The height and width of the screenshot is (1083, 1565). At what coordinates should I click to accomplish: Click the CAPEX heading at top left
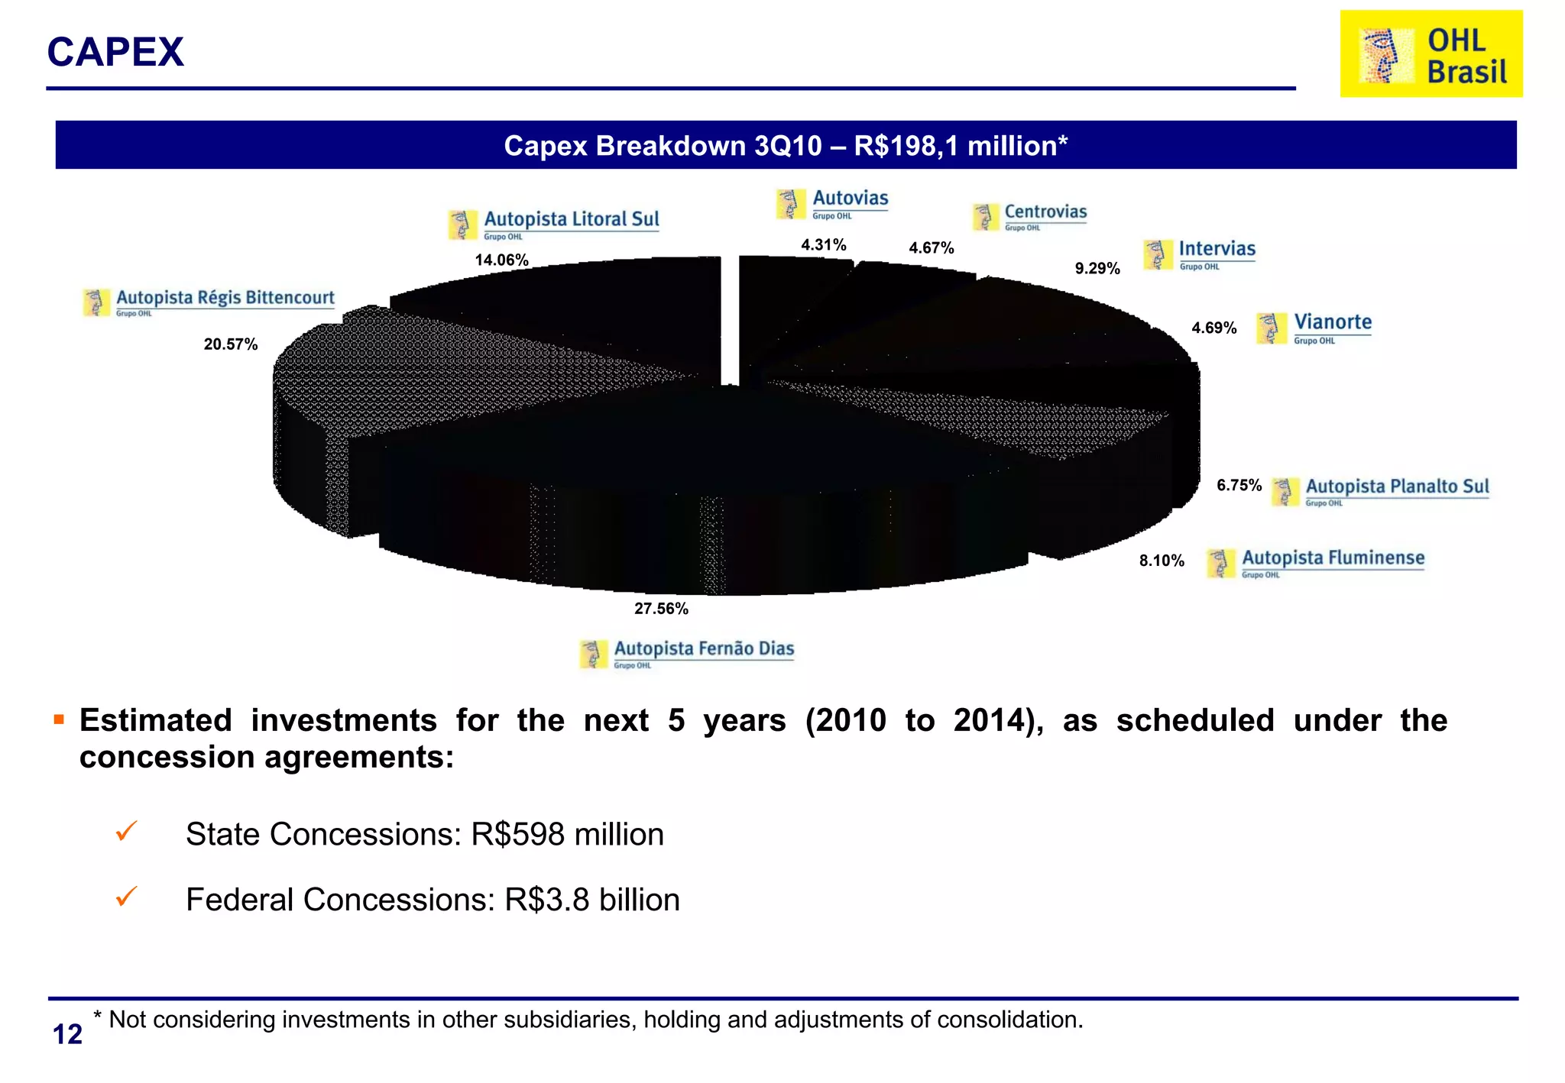115,52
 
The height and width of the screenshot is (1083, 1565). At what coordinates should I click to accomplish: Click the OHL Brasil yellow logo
1431,54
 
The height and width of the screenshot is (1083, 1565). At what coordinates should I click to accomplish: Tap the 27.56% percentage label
661,609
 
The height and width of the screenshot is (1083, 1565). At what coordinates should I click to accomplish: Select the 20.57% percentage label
230,344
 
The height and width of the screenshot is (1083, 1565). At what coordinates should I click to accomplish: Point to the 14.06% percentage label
501,260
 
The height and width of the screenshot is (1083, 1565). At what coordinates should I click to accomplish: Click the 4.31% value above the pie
823,245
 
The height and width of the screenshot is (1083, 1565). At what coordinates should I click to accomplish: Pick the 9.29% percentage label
1097,269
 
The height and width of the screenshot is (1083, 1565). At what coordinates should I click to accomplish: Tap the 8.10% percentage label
1161,561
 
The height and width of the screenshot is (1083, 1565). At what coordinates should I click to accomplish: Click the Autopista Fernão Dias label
703,649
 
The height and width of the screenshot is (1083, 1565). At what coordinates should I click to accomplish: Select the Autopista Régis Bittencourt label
225,298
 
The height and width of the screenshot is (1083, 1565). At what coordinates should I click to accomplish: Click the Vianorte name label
1332,322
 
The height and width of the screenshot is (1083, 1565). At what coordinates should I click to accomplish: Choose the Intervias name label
1217,249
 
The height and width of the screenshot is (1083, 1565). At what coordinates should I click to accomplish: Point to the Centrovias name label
1045,212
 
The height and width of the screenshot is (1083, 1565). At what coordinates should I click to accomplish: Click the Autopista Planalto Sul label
1397,487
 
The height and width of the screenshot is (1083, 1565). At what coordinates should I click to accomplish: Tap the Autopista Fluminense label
1333,558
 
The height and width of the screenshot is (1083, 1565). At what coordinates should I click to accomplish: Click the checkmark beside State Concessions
126,831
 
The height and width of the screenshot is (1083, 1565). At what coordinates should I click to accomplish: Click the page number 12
67,1034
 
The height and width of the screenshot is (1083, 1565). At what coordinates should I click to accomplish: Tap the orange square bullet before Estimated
59,719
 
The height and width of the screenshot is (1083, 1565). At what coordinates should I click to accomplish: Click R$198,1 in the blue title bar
906,146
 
